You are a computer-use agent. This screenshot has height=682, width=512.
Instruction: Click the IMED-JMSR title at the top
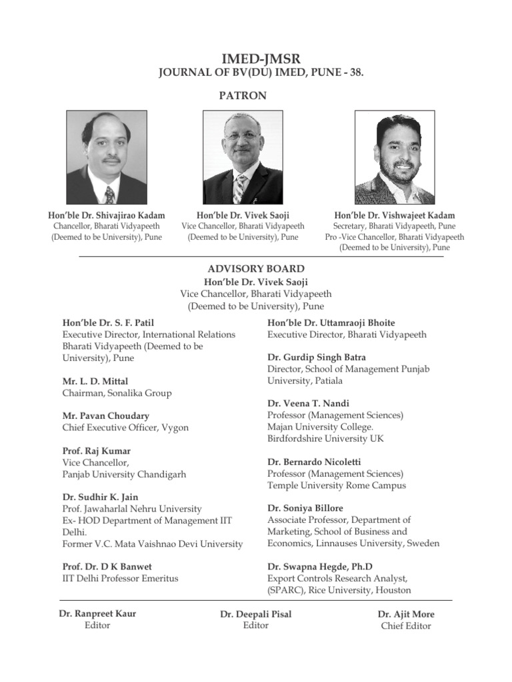click(x=257, y=59)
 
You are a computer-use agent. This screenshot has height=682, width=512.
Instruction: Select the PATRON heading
click(x=243, y=95)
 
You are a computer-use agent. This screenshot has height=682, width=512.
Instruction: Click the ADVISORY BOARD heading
click(x=257, y=269)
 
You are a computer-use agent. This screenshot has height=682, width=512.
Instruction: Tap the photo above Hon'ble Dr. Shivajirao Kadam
click(x=107, y=158)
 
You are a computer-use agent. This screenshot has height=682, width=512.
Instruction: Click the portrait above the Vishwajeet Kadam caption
click(x=395, y=158)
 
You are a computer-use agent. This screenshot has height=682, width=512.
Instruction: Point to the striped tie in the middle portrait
click(x=239, y=189)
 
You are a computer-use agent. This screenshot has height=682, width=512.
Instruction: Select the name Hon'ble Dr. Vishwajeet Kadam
click(x=395, y=215)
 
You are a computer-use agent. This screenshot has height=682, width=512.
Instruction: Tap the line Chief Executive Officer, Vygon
click(x=125, y=428)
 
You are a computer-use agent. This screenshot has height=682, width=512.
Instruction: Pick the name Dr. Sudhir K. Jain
click(x=100, y=498)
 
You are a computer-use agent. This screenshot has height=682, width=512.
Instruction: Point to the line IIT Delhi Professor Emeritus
click(x=120, y=578)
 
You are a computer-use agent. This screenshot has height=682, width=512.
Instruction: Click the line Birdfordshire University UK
click(x=325, y=438)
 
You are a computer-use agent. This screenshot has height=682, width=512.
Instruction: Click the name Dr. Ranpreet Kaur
click(x=97, y=613)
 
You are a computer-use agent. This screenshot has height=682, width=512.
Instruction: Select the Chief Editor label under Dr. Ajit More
click(x=406, y=625)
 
